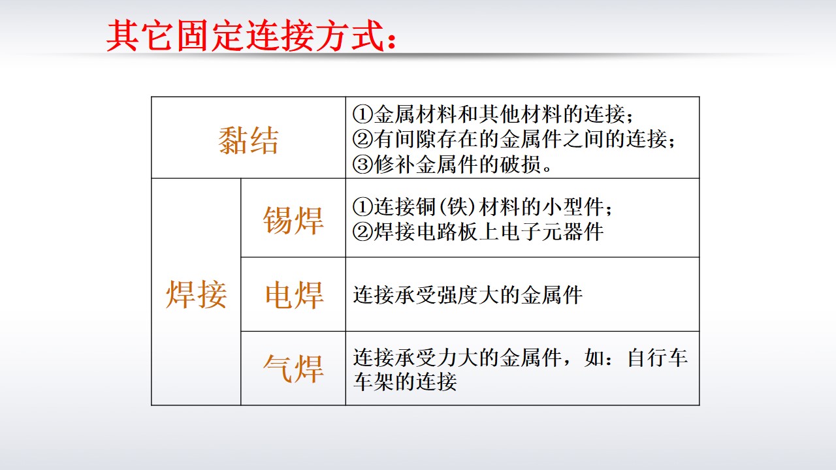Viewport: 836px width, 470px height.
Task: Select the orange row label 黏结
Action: [249, 140]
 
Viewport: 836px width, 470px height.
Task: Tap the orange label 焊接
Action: [197, 294]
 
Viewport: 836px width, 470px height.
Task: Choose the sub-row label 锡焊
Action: [293, 220]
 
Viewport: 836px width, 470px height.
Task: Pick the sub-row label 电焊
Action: [294, 294]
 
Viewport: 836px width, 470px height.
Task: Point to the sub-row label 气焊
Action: [293, 369]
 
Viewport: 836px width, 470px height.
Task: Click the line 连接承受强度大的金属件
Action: [468, 295]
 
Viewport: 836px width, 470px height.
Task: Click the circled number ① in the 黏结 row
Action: [362, 114]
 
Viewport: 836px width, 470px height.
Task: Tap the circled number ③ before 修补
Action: [362, 164]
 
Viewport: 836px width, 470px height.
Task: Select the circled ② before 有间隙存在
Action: [362, 139]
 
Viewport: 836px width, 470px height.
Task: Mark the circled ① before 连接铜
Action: [362, 207]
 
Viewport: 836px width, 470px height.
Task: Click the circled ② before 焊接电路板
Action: [362, 232]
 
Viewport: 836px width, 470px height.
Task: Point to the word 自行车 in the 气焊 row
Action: [658, 358]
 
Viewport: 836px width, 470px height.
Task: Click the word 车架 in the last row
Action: [374, 382]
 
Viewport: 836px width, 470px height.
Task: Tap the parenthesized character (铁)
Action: [457, 207]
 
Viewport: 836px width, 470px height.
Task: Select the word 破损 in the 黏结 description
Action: [521, 164]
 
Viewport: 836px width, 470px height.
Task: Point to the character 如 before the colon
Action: [595, 358]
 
